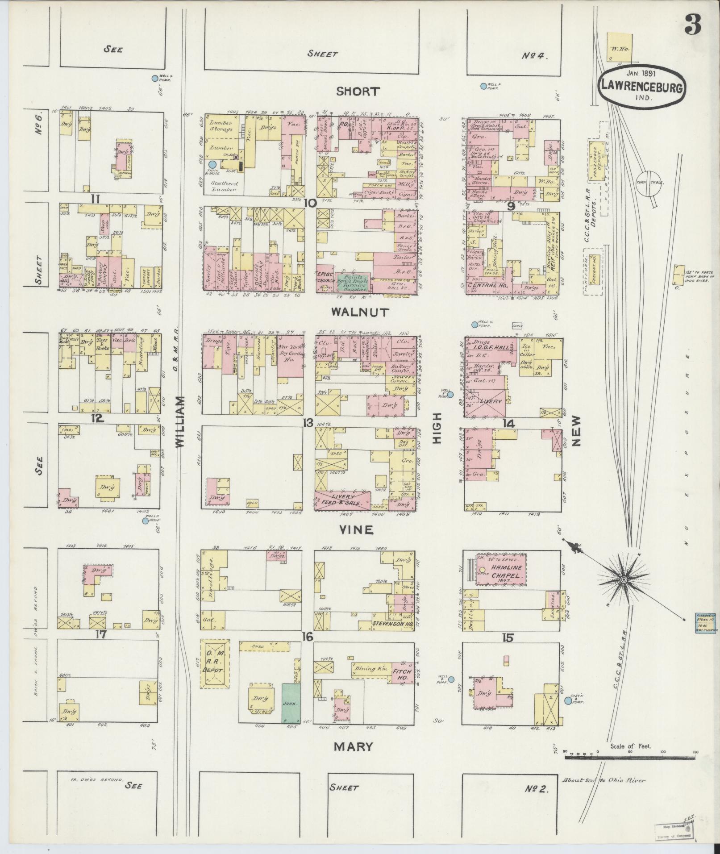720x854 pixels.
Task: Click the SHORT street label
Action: point(358,92)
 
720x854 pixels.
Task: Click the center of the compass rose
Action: point(623,580)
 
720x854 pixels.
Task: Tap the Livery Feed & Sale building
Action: point(342,500)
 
